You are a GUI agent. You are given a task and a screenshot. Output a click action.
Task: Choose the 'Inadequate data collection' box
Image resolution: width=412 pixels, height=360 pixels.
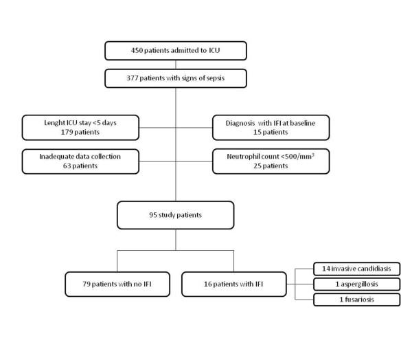point(80,160)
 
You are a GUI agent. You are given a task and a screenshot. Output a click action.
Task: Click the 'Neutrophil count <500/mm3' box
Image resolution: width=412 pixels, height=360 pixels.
point(271,160)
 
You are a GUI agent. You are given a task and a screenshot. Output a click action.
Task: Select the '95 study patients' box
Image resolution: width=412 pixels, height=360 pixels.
point(176,214)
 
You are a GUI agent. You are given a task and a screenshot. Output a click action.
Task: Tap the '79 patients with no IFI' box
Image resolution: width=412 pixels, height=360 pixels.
point(117,284)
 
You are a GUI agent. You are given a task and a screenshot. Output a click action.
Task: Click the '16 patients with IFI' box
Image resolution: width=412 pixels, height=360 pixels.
point(234,284)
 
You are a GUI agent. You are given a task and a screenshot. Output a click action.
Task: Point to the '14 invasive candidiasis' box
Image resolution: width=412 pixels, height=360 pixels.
point(356,269)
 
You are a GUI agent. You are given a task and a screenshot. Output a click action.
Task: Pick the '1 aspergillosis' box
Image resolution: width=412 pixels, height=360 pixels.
point(356,284)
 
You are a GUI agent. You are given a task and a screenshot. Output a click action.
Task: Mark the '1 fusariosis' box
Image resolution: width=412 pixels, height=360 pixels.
point(356,299)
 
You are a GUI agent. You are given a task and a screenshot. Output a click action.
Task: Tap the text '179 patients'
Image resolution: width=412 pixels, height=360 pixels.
point(80,131)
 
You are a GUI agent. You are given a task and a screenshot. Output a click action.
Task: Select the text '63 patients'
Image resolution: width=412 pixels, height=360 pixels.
point(80,166)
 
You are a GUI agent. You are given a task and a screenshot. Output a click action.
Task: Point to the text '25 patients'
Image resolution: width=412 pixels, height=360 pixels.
point(271,166)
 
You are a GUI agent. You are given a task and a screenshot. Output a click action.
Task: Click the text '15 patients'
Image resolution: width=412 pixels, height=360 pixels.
point(271,131)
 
